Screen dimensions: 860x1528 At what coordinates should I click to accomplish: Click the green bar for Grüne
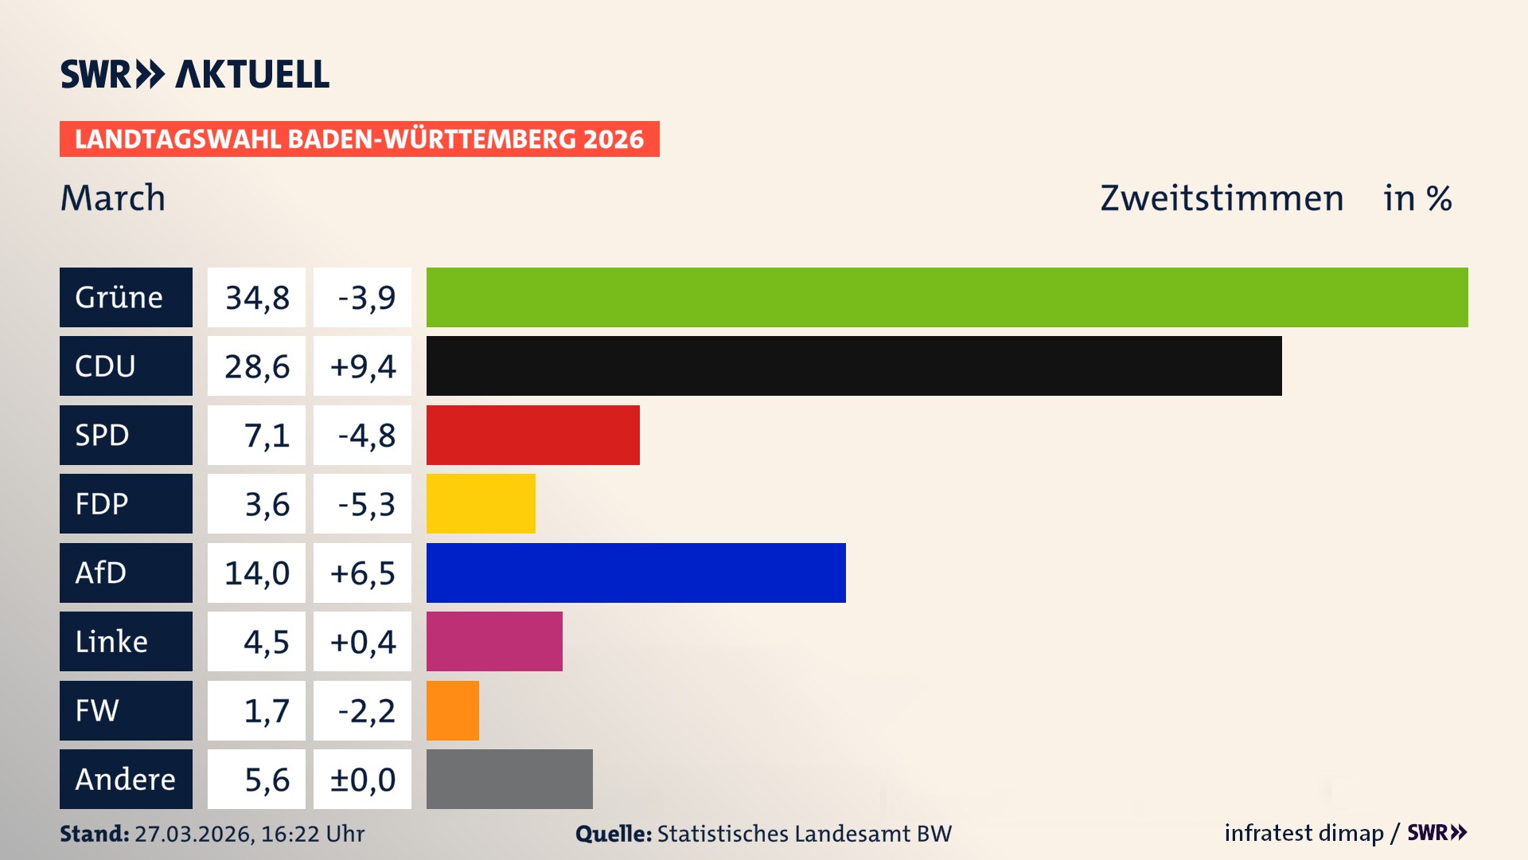pyautogui.click(x=947, y=297)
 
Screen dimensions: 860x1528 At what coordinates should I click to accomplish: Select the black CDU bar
pyautogui.click(x=854, y=366)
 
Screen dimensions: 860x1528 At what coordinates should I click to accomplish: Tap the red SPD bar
pyautogui.click(x=533, y=435)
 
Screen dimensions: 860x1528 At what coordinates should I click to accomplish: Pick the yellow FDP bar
pyautogui.click(x=481, y=504)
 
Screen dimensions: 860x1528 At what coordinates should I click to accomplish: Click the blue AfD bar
pyautogui.click(x=636, y=573)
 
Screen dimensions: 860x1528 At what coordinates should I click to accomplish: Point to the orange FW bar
pyautogui.click(x=453, y=710)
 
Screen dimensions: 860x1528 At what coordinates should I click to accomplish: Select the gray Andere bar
pyautogui.click(x=509, y=779)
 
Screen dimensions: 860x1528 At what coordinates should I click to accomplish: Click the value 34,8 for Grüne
pyautogui.click(x=256, y=298)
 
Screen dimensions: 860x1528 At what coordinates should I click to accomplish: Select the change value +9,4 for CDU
pyautogui.click(x=362, y=366)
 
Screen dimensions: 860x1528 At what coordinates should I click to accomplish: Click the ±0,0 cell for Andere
pyautogui.click(x=362, y=780)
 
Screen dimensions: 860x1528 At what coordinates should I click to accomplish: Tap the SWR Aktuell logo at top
pyautogui.click(x=194, y=74)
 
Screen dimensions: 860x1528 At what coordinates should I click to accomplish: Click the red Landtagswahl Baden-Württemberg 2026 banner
pyautogui.click(x=359, y=139)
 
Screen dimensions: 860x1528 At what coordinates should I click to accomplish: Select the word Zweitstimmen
pyautogui.click(x=1222, y=198)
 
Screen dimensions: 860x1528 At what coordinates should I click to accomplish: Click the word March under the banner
pyautogui.click(x=113, y=198)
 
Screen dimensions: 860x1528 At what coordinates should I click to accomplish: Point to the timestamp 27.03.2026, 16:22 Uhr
pyautogui.click(x=249, y=834)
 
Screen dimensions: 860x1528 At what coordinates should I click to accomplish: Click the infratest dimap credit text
pyautogui.click(x=1304, y=833)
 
